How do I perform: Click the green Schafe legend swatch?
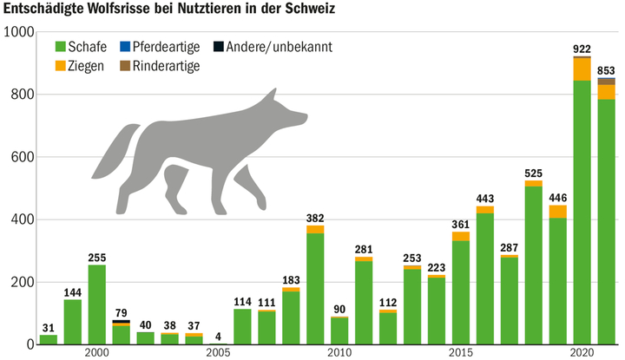point(60,46)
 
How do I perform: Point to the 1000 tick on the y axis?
point(18,32)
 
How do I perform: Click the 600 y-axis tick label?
point(22,157)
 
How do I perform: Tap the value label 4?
point(218,337)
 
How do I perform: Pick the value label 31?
point(49,327)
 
